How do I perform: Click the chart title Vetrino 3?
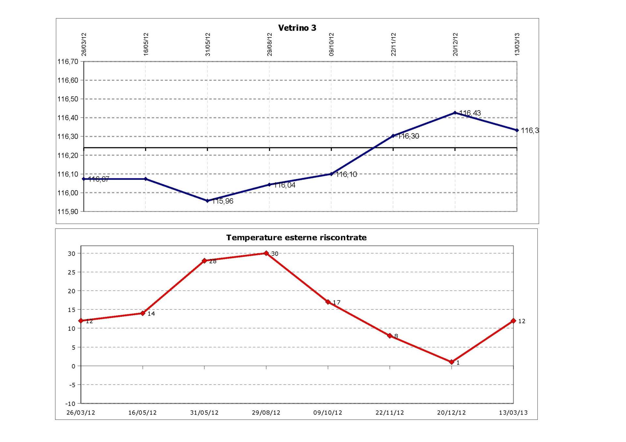(x=297, y=28)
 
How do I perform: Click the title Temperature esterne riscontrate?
(x=296, y=238)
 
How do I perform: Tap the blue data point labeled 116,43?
(x=455, y=113)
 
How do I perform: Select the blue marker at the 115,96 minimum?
(x=207, y=201)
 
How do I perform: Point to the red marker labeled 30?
(x=266, y=253)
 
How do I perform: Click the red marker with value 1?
(x=452, y=362)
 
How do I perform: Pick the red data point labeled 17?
(x=328, y=302)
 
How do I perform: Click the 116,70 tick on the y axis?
(x=68, y=62)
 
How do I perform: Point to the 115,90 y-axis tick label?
(x=68, y=212)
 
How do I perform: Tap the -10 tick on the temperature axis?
(x=70, y=404)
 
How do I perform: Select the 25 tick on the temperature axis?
(x=71, y=272)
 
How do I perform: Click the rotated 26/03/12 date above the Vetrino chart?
(x=84, y=44)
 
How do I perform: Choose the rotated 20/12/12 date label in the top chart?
(x=455, y=44)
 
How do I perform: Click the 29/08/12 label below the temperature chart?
(x=266, y=413)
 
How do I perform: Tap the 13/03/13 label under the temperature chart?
(x=513, y=413)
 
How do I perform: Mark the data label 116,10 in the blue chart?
(x=347, y=174)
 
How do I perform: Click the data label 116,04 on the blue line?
(x=285, y=185)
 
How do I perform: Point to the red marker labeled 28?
(x=204, y=261)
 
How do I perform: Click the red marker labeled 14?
(x=142, y=313)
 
